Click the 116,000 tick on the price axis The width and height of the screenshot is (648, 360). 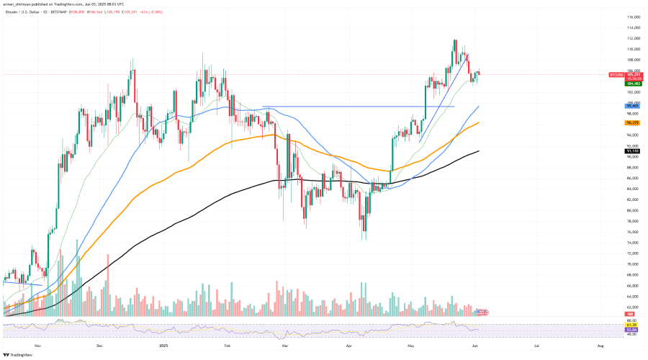(x=634, y=17)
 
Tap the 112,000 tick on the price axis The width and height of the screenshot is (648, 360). (x=634, y=38)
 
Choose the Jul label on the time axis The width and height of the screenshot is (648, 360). (x=539, y=346)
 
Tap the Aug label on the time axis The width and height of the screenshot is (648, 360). (x=600, y=346)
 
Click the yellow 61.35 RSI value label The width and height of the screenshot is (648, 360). (x=631, y=325)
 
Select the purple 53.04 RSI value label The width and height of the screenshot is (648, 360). (x=631, y=329)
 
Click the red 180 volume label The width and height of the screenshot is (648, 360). (x=631, y=315)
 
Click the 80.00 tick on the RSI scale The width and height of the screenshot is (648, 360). (x=631, y=320)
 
